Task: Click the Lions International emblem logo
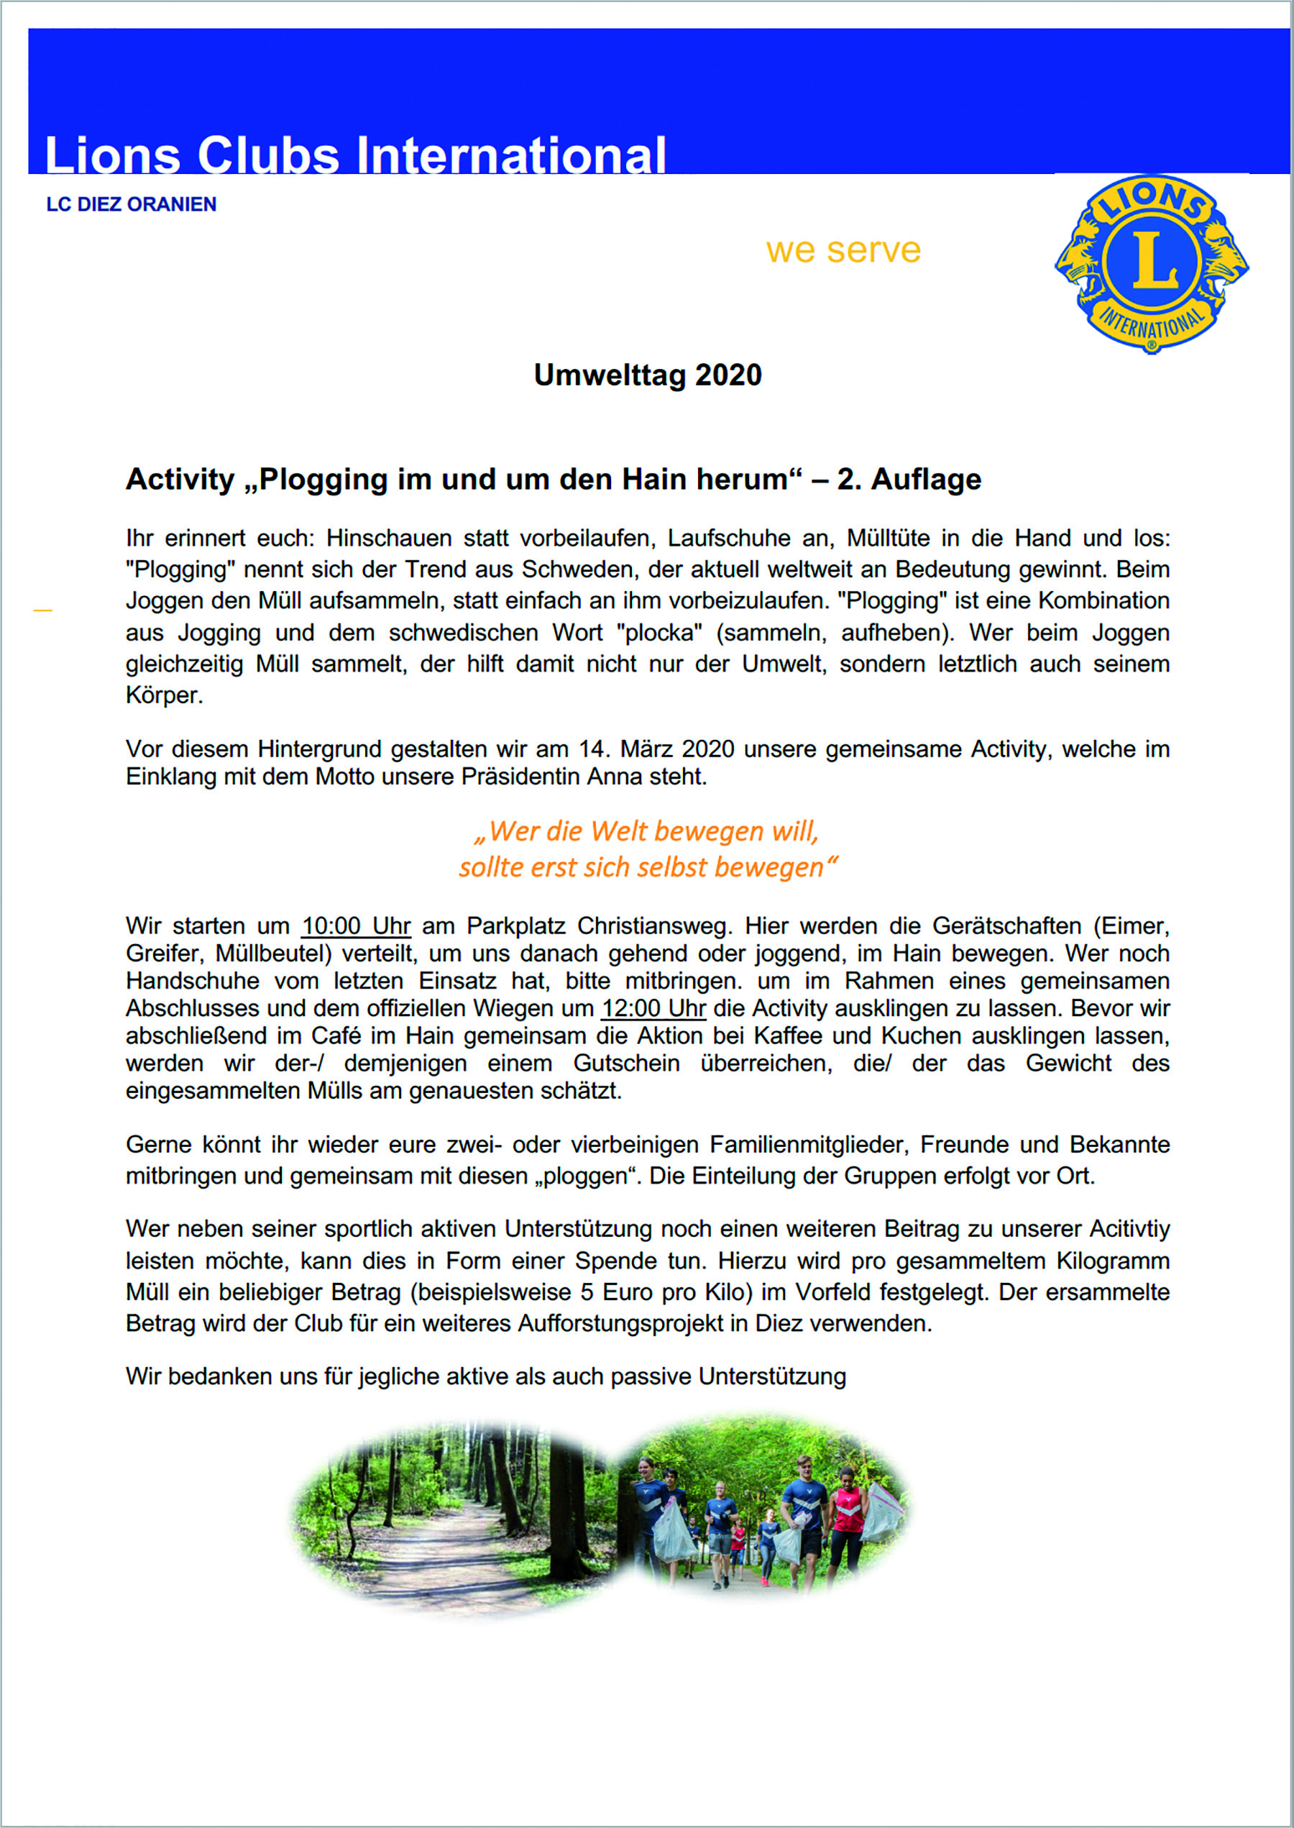tap(1152, 264)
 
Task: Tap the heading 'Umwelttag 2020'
tap(647, 375)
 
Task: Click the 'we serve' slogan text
tap(843, 250)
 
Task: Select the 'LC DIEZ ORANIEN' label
tap(132, 205)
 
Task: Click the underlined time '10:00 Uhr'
tap(356, 926)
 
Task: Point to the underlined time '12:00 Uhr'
tap(653, 1008)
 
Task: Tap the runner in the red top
tap(846, 1522)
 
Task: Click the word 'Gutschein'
tap(626, 1063)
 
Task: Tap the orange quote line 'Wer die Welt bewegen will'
tap(647, 831)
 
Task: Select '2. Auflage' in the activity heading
tap(909, 479)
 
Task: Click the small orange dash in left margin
tap(43, 611)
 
